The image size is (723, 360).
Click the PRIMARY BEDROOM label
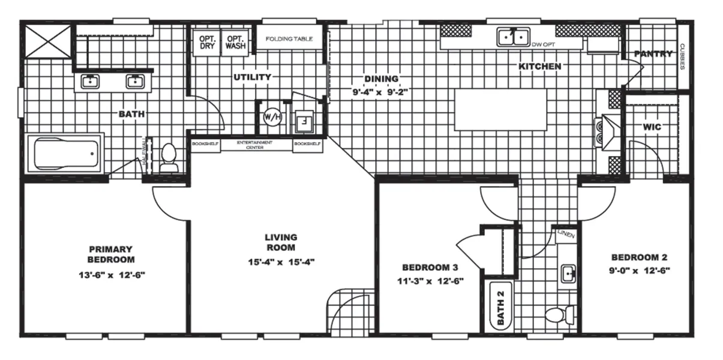pyautogui.click(x=110, y=254)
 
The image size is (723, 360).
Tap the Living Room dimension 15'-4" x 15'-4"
pyautogui.click(x=281, y=262)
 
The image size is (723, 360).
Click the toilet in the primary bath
pyautogui.click(x=169, y=159)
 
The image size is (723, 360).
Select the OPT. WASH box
pyautogui.click(x=235, y=41)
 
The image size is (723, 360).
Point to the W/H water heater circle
pyautogui.click(x=268, y=116)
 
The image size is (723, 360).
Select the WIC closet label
pyautogui.click(x=652, y=127)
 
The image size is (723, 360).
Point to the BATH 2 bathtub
pyautogui.click(x=499, y=305)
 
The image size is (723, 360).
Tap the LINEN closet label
pyautogui.click(x=566, y=235)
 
